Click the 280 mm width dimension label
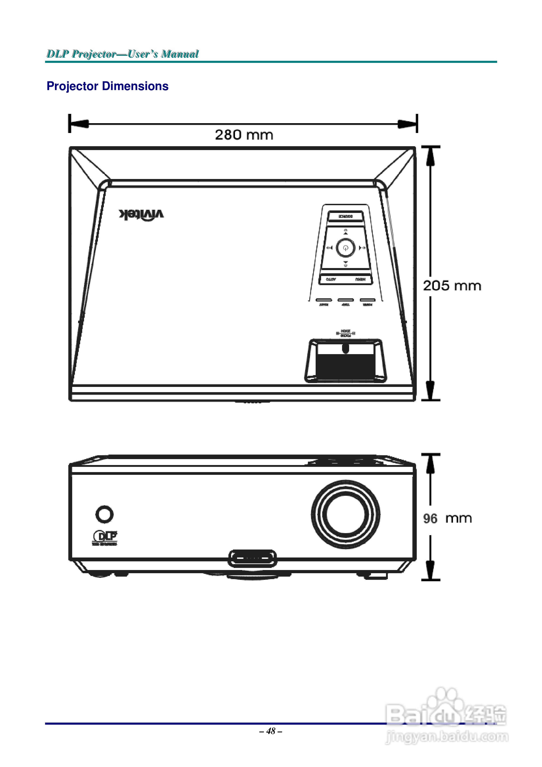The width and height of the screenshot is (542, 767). click(x=244, y=135)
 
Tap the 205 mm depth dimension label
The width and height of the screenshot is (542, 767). click(x=452, y=286)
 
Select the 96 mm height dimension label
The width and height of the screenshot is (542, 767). click(x=447, y=519)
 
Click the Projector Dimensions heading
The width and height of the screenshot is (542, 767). click(x=107, y=86)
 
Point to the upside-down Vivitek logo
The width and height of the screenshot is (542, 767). click(x=141, y=215)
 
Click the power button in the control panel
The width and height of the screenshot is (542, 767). click(x=345, y=248)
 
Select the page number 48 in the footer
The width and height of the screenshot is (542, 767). click(x=271, y=731)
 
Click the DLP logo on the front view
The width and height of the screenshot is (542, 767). click(x=105, y=537)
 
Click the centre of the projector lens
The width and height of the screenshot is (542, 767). click(x=345, y=514)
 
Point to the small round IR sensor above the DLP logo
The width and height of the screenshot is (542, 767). click(x=104, y=514)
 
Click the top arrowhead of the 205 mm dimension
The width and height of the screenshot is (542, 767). click(x=430, y=156)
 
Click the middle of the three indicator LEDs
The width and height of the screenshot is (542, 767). click(x=345, y=300)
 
